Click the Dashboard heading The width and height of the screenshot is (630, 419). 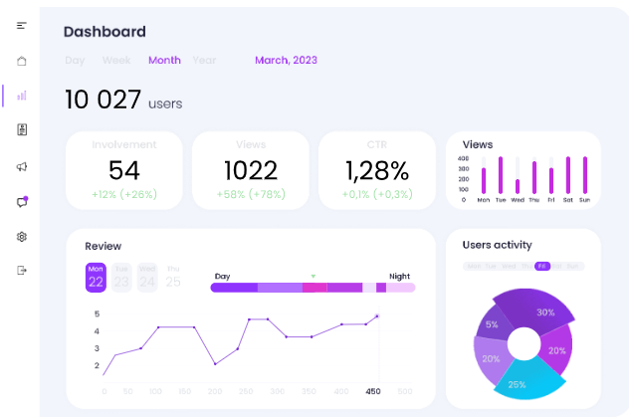(x=105, y=32)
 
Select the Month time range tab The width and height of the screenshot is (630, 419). (x=164, y=60)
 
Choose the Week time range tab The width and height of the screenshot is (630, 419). (x=116, y=60)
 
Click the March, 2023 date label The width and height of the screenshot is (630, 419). (x=286, y=60)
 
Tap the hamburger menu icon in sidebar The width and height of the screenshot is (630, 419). (x=22, y=25)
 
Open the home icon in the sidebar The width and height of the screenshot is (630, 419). (x=22, y=61)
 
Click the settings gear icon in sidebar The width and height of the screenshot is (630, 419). (x=22, y=237)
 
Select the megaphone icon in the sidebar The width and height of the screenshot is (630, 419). (x=22, y=166)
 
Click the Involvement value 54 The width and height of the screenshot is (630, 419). (x=124, y=170)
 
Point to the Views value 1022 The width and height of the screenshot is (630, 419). (x=250, y=170)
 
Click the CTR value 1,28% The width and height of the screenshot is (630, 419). (x=376, y=170)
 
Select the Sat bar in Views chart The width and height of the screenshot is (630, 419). (x=568, y=175)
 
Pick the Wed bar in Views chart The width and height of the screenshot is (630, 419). (x=518, y=186)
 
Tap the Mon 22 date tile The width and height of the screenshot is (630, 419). (x=96, y=278)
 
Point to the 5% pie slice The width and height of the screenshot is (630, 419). (x=492, y=324)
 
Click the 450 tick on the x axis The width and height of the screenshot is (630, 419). (x=372, y=391)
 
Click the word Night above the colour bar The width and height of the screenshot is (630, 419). (x=399, y=276)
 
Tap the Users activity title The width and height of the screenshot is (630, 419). (x=497, y=245)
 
